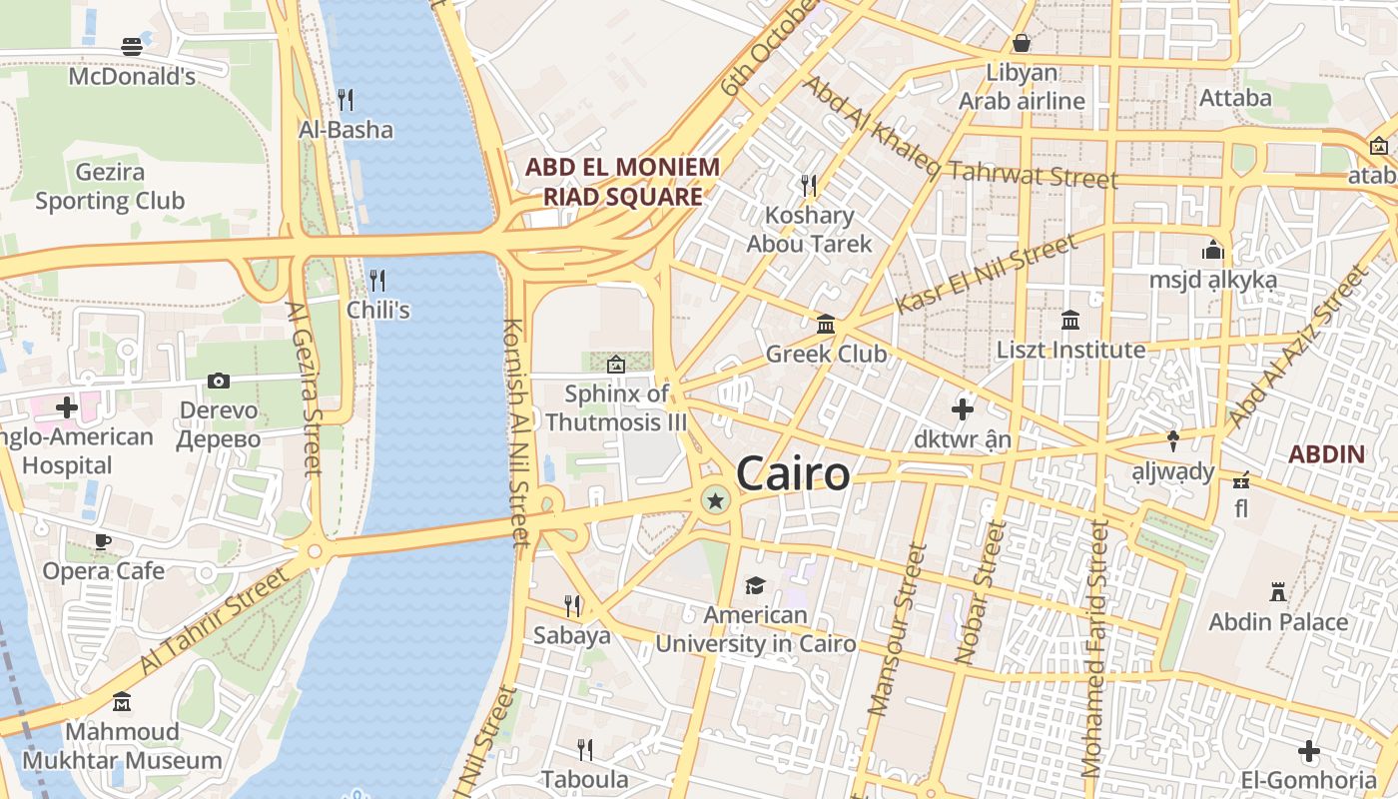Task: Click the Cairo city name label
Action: pyautogui.click(x=793, y=474)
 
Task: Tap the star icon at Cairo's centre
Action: pyautogui.click(x=715, y=499)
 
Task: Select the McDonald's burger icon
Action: pyautogui.click(x=132, y=46)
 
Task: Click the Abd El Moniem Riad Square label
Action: pyautogui.click(x=623, y=181)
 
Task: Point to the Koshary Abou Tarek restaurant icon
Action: pyautogui.click(x=809, y=185)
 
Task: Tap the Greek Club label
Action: pyautogui.click(x=826, y=354)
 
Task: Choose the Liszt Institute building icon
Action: pyautogui.click(x=1071, y=321)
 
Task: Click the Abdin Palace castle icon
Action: pyautogui.click(x=1278, y=592)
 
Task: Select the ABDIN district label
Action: pyautogui.click(x=1326, y=454)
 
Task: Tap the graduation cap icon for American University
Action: pyautogui.click(x=755, y=586)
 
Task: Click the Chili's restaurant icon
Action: pyautogui.click(x=377, y=280)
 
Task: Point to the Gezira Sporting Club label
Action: pyautogui.click(x=110, y=186)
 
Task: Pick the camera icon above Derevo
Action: pyautogui.click(x=218, y=381)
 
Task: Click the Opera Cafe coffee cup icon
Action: pyautogui.click(x=102, y=541)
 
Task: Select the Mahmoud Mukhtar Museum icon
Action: pyautogui.click(x=122, y=702)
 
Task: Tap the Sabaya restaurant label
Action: pyautogui.click(x=571, y=635)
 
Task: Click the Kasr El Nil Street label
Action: pyautogui.click(x=986, y=274)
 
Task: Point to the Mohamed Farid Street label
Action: pyautogui.click(x=1094, y=649)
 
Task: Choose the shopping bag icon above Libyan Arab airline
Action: pyautogui.click(x=1022, y=43)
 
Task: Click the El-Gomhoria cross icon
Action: pyautogui.click(x=1309, y=751)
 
